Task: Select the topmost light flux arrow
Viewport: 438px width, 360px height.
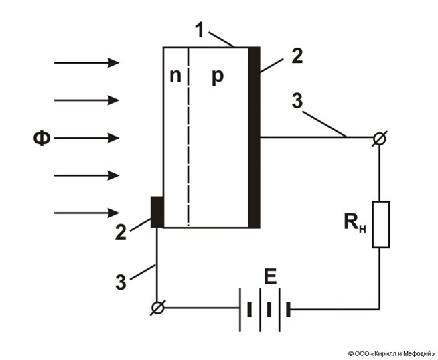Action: (x=86, y=63)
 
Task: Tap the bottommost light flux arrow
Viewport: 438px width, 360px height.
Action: (x=86, y=213)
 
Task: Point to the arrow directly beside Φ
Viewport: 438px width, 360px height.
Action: (x=86, y=139)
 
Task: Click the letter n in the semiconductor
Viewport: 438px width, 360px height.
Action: (x=174, y=76)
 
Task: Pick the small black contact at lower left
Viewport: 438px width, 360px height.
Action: (x=157, y=211)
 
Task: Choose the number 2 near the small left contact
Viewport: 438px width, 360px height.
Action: (x=121, y=233)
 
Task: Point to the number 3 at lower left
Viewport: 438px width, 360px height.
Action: (x=121, y=282)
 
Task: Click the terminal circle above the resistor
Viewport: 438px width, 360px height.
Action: (x=380, y=138)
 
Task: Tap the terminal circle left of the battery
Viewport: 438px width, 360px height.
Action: (x=157, y=309)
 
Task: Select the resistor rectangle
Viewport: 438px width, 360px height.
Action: (x=380, y=223)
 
